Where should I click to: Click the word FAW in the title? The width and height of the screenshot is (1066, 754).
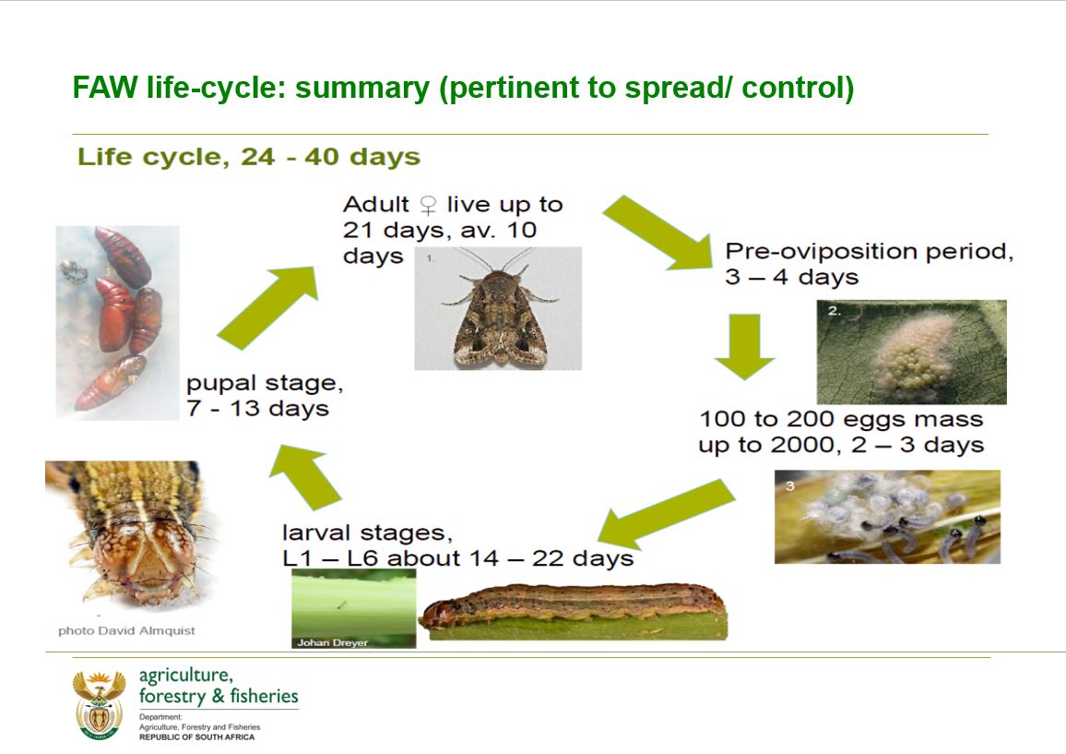pyautogui.click(x=105, y=88)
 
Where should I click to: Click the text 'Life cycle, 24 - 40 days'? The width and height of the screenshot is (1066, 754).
pyautogui.click(x=249, y=157)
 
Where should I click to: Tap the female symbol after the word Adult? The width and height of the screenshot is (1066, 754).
pyautogui.click(x=428, y=205)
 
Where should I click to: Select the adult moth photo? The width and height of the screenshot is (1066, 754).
pyautogui.click(x=498, y=308)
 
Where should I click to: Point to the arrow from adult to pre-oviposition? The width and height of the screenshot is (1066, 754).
pyautogui.click(x=657, y=233)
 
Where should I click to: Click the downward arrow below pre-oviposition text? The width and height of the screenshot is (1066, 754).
pyautogui.click(x=744, y=346)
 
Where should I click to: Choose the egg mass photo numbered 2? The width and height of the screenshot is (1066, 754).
pyautogui.click(x=912, y=352)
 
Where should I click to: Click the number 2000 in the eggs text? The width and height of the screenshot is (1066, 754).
pyautogui.click(x=806, y=445)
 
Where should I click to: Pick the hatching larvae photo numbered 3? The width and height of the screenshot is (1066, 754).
pyautogui.click(x=887, y=517)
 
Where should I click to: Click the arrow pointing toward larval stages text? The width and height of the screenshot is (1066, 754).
pyautogui.click(x=666, y=514)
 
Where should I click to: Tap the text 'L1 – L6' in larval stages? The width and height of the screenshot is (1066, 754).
pyautogui.click(x=330, y=558)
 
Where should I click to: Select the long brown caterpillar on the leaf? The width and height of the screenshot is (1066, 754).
pyautogui.click(x=573, y=610)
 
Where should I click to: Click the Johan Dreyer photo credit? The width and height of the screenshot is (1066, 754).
pyautogui.click(x=333, y=642)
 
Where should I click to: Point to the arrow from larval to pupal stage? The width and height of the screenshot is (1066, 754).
pyautogui.click(x=305, y=477)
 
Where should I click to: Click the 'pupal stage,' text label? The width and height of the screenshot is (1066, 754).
pyautogui.click(x=265, y=384)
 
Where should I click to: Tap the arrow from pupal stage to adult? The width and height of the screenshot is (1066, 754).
pyautogui.click(x=267, y=307)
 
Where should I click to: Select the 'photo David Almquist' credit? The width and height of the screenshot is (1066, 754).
pyautogui.click(x=126, y=631)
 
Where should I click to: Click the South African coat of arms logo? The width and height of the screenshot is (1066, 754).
pyautogui.click(x=100, y=705)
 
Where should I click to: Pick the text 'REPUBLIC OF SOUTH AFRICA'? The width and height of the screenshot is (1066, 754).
pyautogui.click(x=197, y=737)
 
